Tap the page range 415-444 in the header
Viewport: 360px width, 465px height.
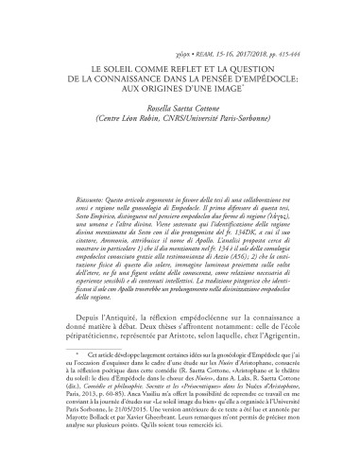click(x=303, y=43)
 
